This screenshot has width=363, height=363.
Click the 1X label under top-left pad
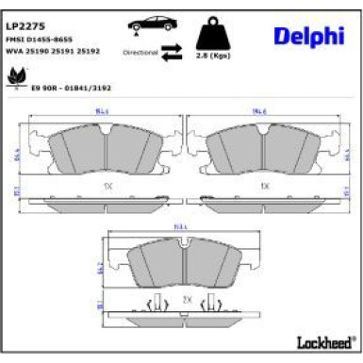(107, 188)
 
